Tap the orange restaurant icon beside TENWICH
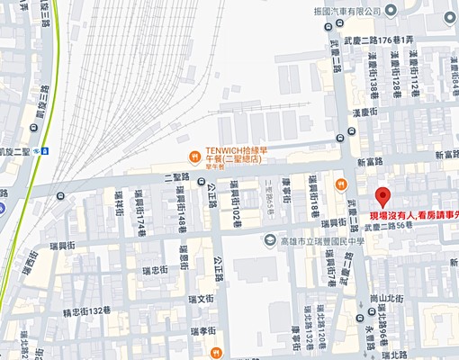pos(194,155)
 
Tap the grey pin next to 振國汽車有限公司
pos(391,11)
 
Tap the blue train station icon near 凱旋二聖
pos(43,152)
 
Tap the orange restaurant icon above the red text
pos(341,185)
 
